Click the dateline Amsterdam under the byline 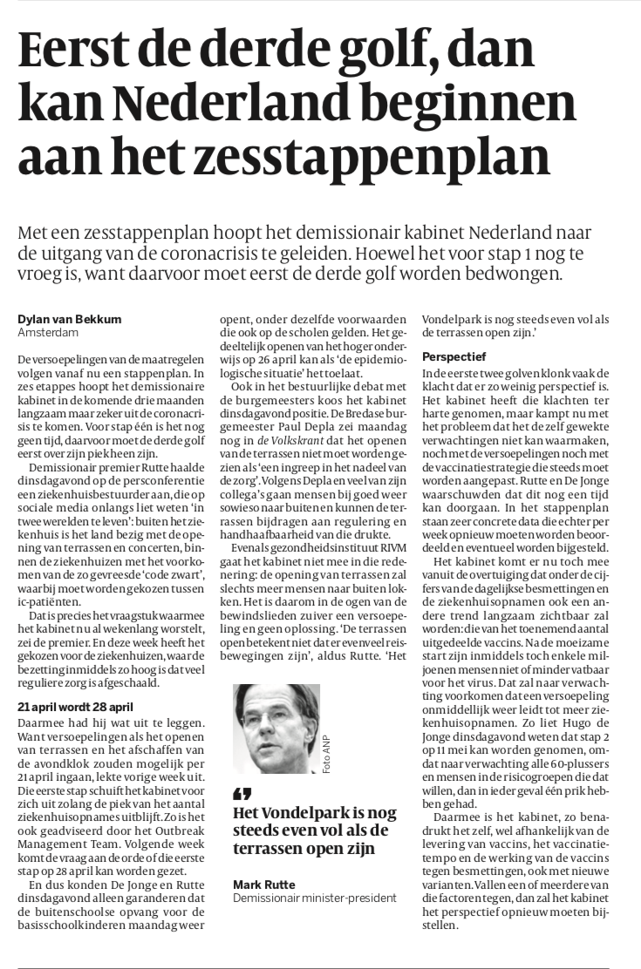click(x=44, y=333)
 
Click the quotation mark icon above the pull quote click(x=242, y=793)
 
